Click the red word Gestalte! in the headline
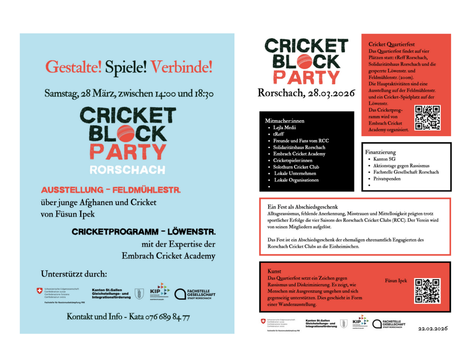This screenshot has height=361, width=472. click(x=73, y=67)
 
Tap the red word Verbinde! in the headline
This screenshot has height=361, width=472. click(x=181, y=67)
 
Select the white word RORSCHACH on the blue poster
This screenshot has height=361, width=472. click(x=127, y=170)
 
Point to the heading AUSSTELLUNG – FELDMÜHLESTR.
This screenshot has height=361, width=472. click(x=111, y=190)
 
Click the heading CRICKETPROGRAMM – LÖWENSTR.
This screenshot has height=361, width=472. click(x=143, y=232)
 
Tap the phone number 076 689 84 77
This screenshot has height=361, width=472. click(x=168, y=317)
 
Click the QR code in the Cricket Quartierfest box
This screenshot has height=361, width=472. click(x=427, y=118)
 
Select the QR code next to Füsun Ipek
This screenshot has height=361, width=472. click(x=427, y=291)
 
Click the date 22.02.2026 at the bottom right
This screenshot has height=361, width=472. click(x=433, y=329)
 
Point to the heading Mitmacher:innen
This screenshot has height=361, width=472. click(x=285, y=121)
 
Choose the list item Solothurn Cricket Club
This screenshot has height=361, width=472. click(x=296, y=167)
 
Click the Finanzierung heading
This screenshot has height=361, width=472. click(x=380, y=152)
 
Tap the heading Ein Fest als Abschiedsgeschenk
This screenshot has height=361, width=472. click(x=302, y=207)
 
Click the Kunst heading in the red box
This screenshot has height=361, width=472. click(x=274, y=271)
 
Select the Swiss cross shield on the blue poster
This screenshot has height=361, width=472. click(x=39, y=291)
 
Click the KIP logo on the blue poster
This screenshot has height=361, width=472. click(x=159, y=291)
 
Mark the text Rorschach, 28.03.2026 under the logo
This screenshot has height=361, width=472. click(x=306, y=93)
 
